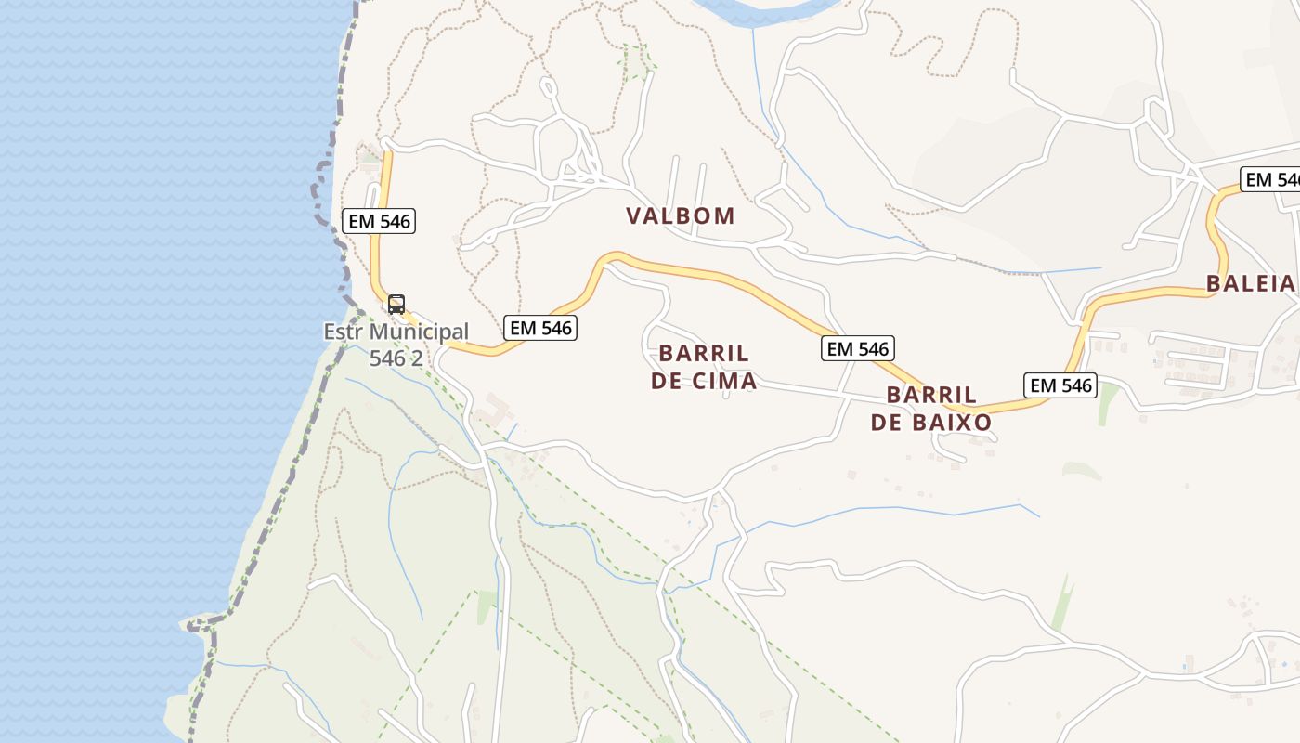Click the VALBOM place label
pyautogui.click(x=680, y=216)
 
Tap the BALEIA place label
pyautogui.click(x=1250, y=284)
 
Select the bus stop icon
pyautogui.click(x=396, y=304)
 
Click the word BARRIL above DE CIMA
pyautogui.click(x=704, y=354)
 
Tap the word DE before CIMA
pyautogui.click(x=667, y=382)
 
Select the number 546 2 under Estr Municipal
pyautogui.click(x=396, y=358)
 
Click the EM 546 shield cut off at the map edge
pyautogui.click(x=1270, y=180)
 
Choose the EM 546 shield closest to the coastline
pyautogui.click(x=378, y=221)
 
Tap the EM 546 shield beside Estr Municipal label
pyautogui.click(x=540, y=327)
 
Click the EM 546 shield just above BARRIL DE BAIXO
pyautogui.click(x=858, y=348)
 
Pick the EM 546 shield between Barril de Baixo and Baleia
pyautogui.click(x=1060, y=385)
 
